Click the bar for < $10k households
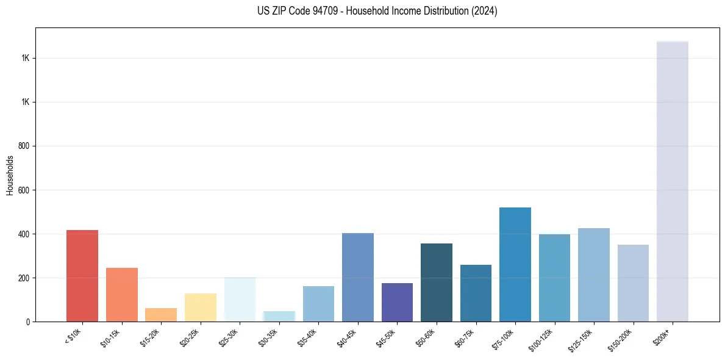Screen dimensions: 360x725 (82, 276)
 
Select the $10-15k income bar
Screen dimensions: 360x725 (121, 295)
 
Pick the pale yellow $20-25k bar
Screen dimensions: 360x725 (200, 308)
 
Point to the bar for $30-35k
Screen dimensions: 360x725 (279, 317)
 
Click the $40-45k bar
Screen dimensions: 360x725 (357, 278)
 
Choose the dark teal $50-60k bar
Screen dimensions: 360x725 (436, 283)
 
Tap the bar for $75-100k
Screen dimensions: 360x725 (515, 265)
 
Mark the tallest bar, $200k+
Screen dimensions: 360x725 (672, 182)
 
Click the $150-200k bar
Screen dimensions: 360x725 (633, 283)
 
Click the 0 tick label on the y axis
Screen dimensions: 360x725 (27, 322)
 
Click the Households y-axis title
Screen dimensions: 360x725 (10, 175)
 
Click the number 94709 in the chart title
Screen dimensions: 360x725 (315, 11)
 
